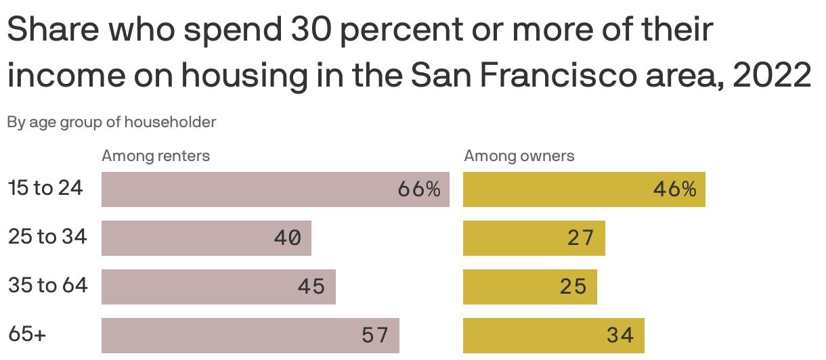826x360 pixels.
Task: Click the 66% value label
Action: pos(419,189)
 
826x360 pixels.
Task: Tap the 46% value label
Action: pos(675,189)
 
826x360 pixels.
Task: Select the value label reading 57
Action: pos(375,336)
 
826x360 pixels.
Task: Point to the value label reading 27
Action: pos(581,238)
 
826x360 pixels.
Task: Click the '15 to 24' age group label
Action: pos(45,188)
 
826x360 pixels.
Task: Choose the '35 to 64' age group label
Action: pos(48,286)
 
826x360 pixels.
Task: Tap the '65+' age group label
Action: pos(27,334)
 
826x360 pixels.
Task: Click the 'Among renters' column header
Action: pos(156,156)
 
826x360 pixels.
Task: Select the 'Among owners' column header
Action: pos(519,156)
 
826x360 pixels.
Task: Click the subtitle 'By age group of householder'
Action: pos(112,122)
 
